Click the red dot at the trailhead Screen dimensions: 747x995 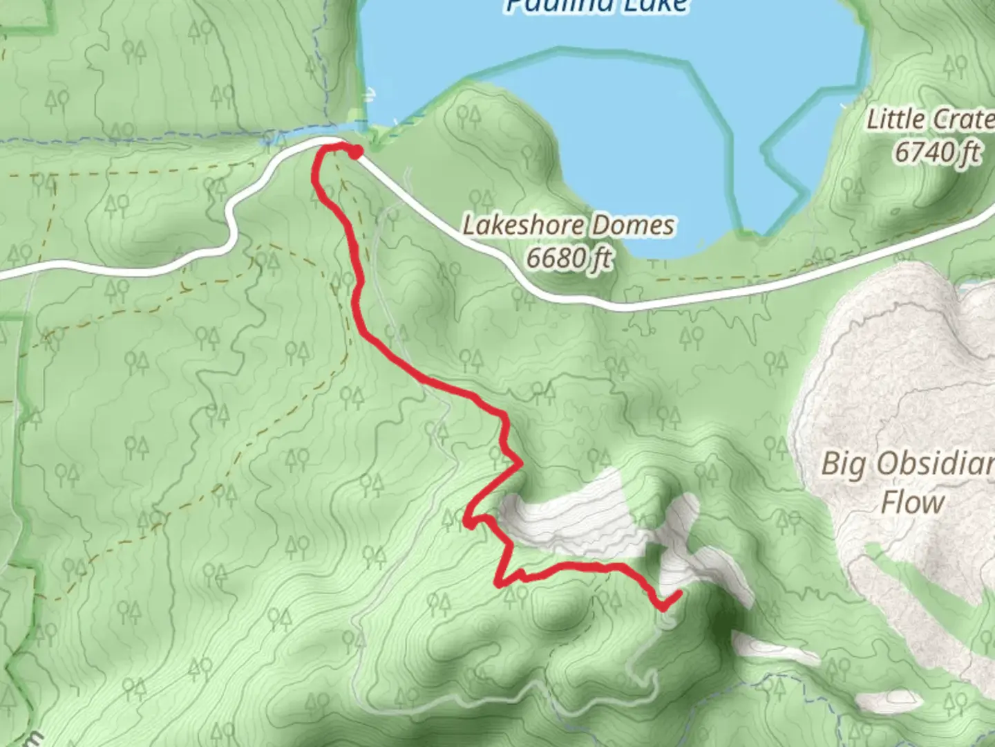[x=355, y=153]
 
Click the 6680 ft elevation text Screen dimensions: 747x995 [x=569, y=258]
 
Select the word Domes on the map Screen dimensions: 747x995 [x=640, y=226]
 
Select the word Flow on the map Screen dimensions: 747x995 [x=912, y=503]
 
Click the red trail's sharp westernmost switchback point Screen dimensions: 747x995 [x=468, y=524]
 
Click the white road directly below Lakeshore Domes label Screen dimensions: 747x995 [x=574, y=294]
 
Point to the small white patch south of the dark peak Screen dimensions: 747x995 [x=760, y=647]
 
